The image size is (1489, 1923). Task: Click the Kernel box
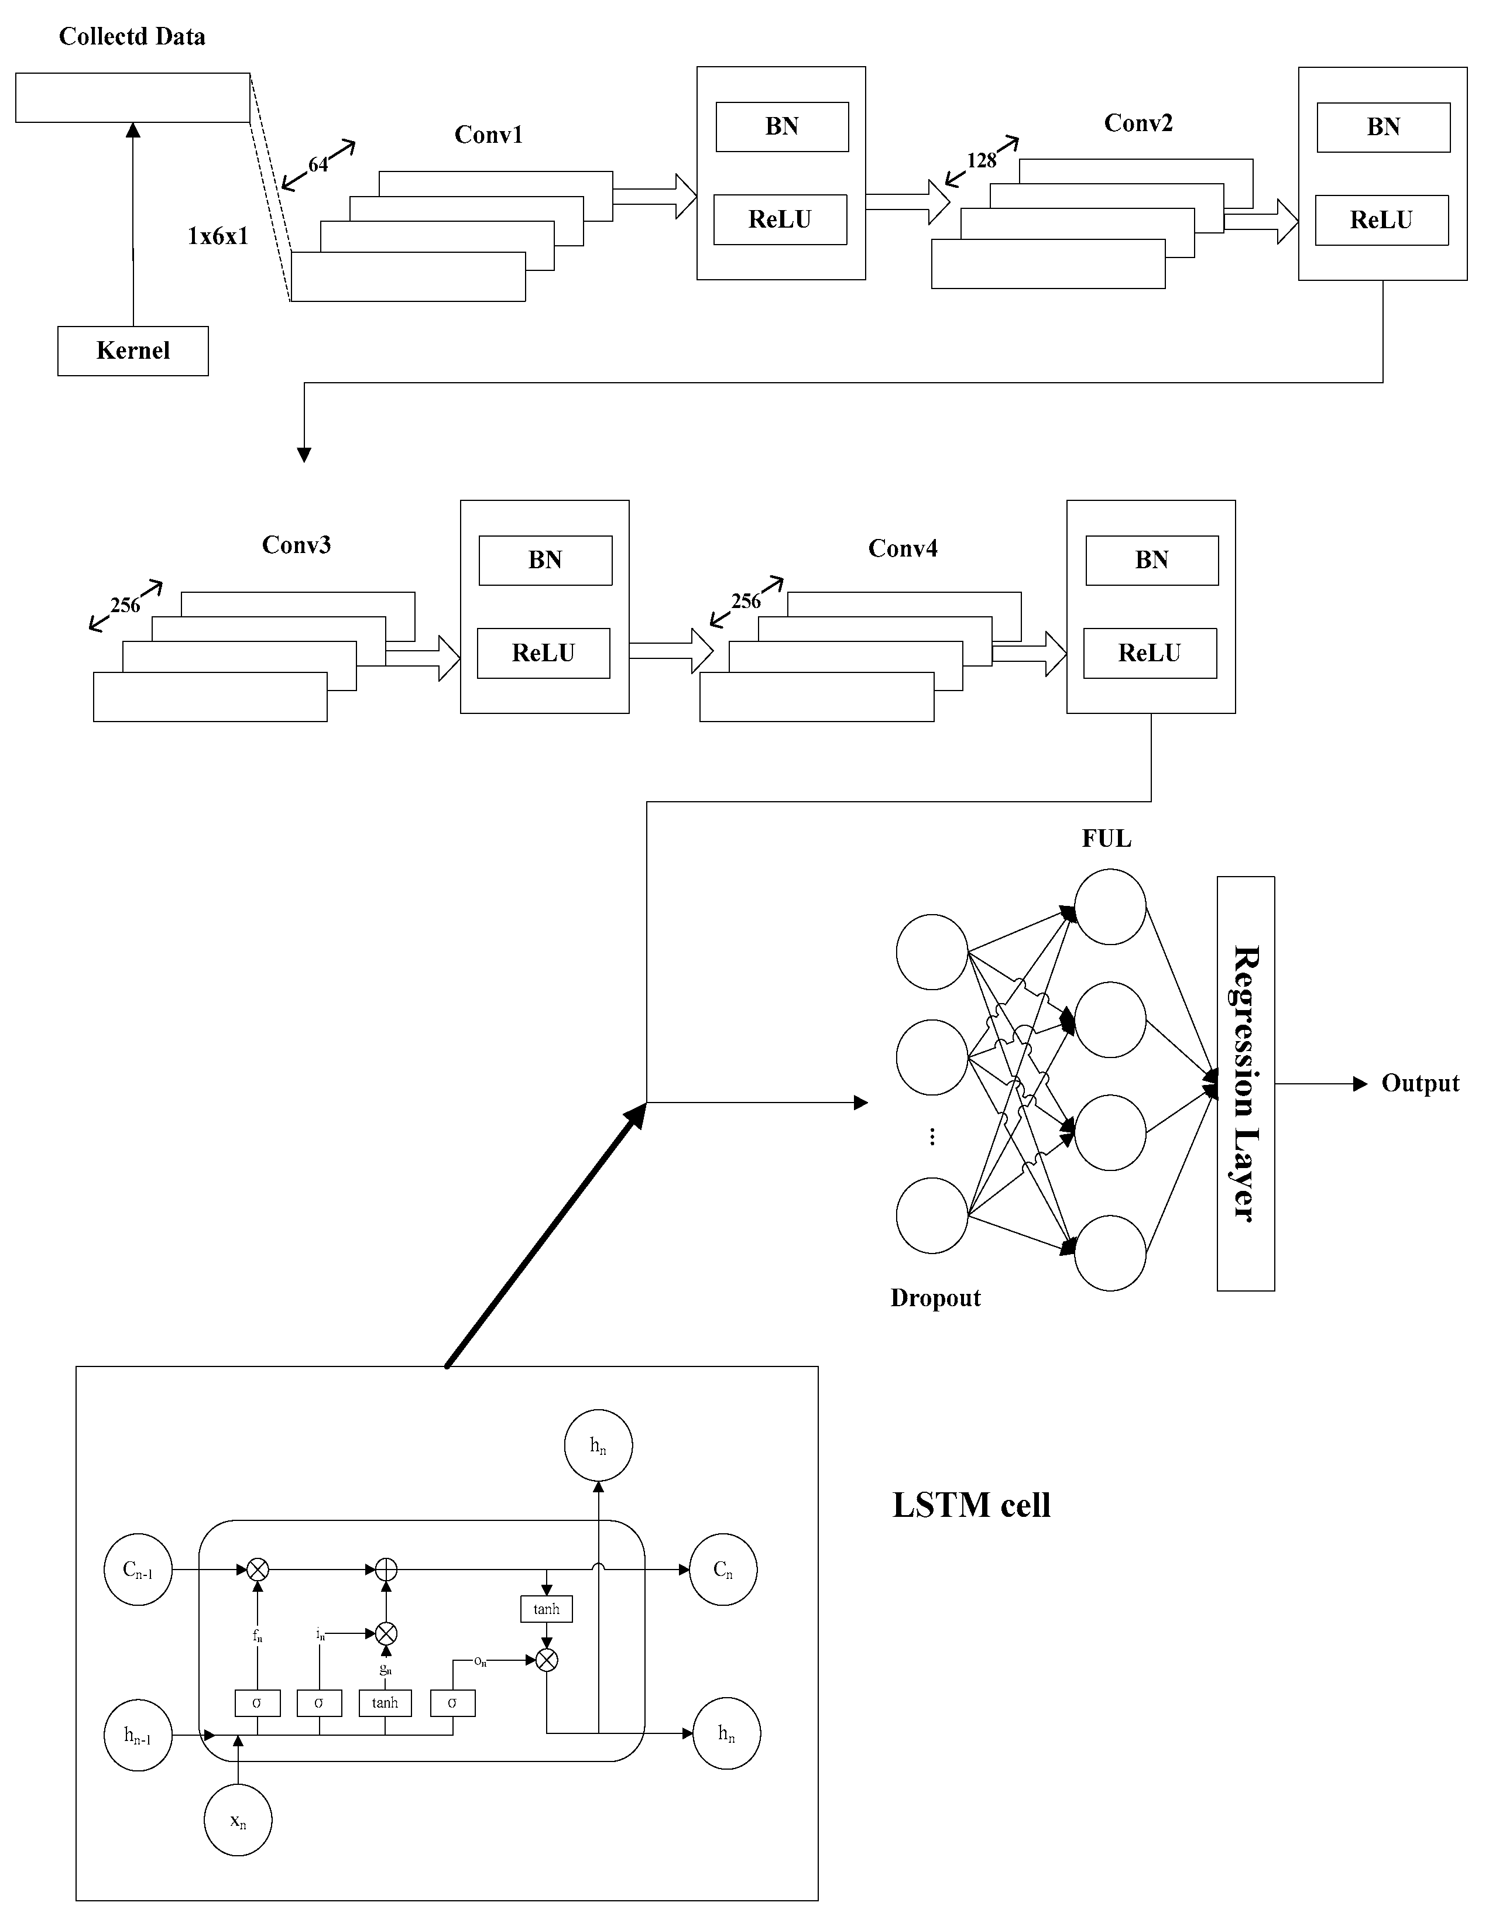[x=133, y=351]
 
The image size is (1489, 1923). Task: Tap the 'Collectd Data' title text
[x=132, y=36]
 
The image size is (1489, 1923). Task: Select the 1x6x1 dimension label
[x=218, y=236]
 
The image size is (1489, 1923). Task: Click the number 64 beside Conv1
[x=318, y=164]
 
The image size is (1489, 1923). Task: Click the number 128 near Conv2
[x=981, y=160]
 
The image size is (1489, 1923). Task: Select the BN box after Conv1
[x=782, y=127]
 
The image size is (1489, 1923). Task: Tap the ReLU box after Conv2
[x=1381, y=220]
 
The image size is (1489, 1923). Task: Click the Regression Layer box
[x=1245, y=1083]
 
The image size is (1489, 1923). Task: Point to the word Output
[x=1419, y=1083]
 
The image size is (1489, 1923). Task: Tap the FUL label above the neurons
[x=1106, y=838]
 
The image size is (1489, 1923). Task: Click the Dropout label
[x=935, y=1298]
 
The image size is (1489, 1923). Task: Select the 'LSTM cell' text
[x=971, y=1505]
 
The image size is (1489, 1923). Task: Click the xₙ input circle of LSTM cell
[x=238, y=1820]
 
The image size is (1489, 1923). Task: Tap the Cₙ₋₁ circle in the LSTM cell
[x=138, y=1569]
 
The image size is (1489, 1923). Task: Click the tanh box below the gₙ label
[x=385, y=1703]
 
